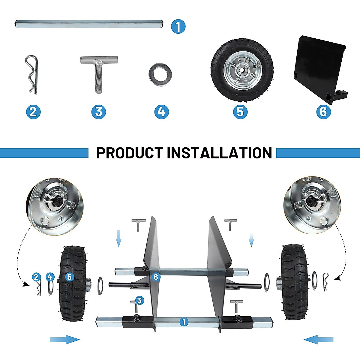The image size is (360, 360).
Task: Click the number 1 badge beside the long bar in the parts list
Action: (178, 26)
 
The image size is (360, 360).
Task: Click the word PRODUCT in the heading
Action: (130, 153)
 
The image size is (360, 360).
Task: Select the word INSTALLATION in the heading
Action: (219, 153)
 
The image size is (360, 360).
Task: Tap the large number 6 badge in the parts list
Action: (323, 112)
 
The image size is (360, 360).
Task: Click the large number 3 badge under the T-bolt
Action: (99, 112)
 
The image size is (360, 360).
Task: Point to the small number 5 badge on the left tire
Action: (69, 277)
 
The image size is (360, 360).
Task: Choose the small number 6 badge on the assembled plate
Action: (155, 277)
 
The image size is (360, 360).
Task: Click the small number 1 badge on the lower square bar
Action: (184, 322)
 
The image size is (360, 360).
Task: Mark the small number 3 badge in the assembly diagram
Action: (139, 300)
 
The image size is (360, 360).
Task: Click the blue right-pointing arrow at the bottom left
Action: (65, 340)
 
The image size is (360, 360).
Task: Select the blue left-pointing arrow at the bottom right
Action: (319, 340)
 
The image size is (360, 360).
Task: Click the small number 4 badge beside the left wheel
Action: (50, 277)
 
